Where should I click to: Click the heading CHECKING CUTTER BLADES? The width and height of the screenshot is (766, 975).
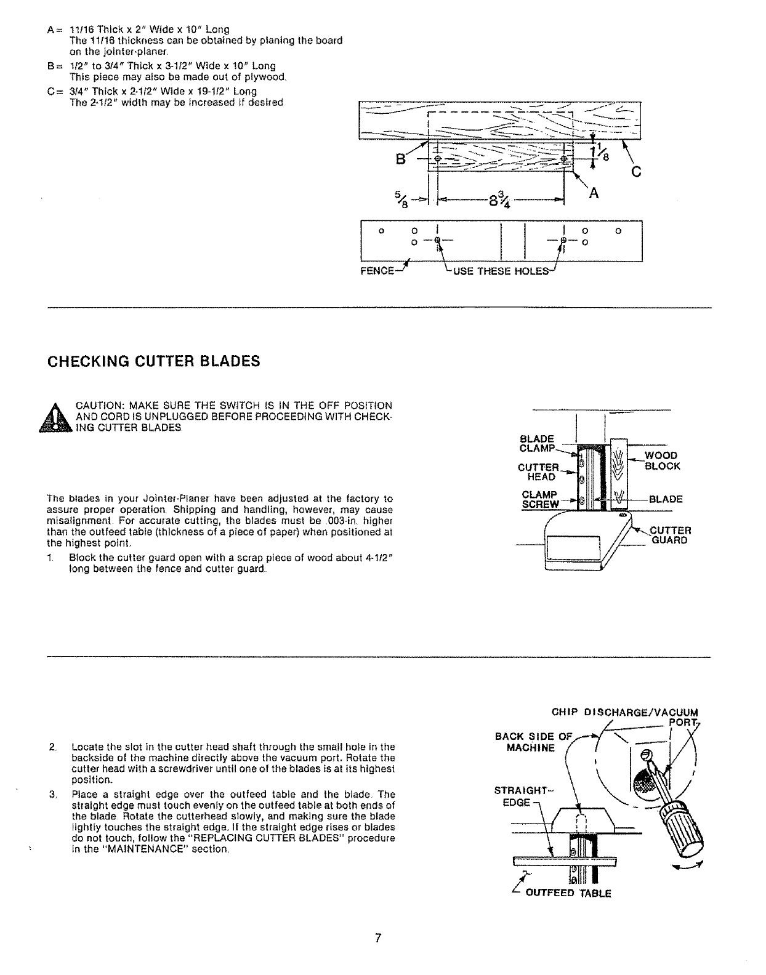pos(154,361)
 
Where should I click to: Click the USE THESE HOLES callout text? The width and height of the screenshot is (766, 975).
pos(500,273)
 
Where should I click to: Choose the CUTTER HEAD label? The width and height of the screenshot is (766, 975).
pos(538,472)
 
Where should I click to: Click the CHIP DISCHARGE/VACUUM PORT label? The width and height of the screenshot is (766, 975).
pos(625,713)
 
